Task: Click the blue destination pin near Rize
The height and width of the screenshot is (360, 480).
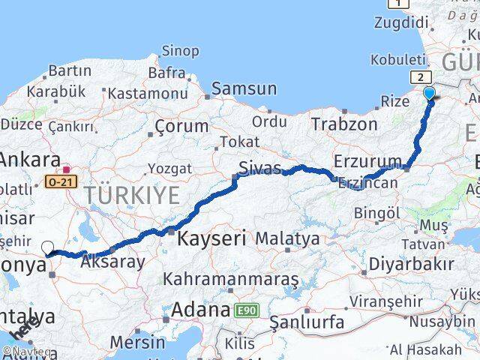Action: point(430,93)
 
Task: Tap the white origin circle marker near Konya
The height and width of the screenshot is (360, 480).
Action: point(48,247)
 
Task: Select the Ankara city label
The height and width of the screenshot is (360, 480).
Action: point(31,159)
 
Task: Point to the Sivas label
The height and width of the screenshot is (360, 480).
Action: point(259,166)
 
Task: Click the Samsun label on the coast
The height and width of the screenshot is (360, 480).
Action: point(244,88)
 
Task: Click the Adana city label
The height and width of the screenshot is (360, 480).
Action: point(200,309)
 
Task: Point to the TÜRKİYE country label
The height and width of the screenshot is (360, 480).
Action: point(131,196)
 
